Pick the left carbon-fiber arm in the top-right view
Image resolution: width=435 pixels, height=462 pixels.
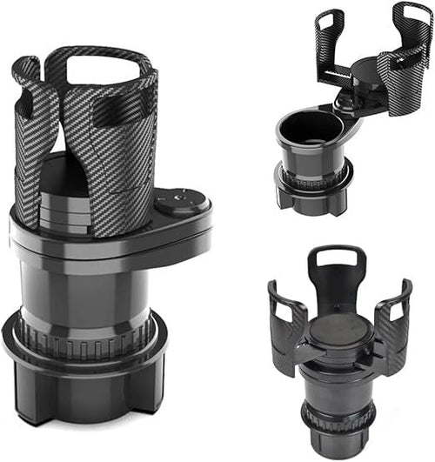click(x=331, y=48)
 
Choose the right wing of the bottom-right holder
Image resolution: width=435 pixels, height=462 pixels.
click(x=394, y=318)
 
